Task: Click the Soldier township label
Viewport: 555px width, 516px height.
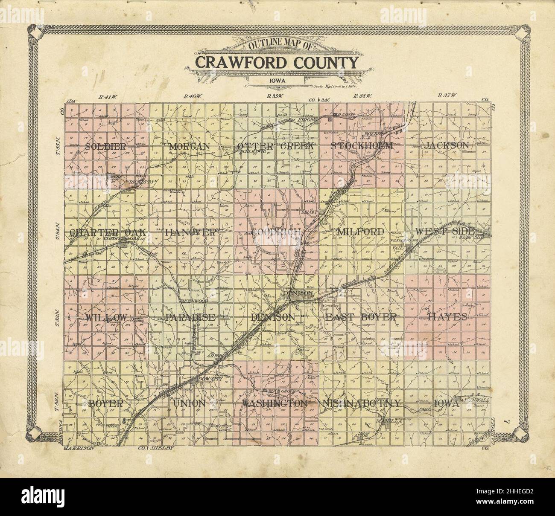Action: [x=106, y=146]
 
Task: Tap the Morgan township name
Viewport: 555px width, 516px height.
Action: [x=190, y=146]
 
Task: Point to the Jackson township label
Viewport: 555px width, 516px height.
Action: [x=447, y=145]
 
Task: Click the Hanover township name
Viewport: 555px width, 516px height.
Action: [x=190, y=232]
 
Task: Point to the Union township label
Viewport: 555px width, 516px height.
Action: [x=190, y=403]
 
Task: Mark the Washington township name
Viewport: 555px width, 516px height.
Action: [x=275, y=403]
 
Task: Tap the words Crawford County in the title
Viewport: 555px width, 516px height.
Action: [x=277, y=62]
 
